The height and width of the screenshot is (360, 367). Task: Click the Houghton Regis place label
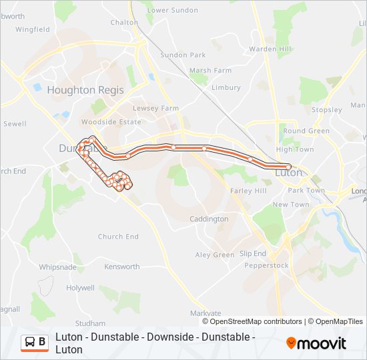(x=81, y=90)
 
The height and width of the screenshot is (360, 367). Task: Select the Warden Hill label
(x=270, y=49)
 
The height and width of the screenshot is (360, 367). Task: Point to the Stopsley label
(x=327, y=109)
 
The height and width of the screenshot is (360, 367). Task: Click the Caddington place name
(x=209, y=219)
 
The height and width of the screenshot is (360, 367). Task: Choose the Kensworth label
(x=122, y=267)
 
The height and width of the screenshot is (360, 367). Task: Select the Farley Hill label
(x=248, y=191)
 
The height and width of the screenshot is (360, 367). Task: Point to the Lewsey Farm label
(x=156, y=108)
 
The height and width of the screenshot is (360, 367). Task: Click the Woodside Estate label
(x=111, y=122)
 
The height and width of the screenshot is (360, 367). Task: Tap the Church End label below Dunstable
(x=118, y=237)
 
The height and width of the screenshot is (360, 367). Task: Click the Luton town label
(x=289, y=173)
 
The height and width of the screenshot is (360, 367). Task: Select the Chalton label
(x=124, y=22)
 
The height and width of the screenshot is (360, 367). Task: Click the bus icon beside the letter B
(x=31, y=343)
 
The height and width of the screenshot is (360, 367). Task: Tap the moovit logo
(x=316, y=343)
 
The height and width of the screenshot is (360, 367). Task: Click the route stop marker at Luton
(x=288, y=167)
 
